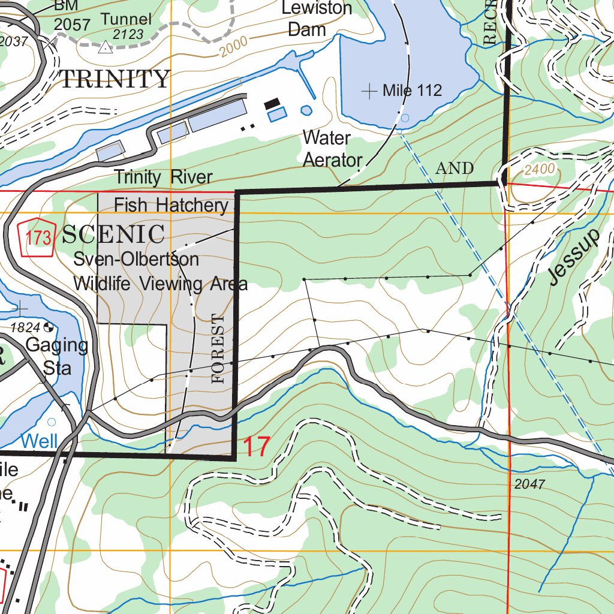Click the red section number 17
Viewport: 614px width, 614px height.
click(257, 447)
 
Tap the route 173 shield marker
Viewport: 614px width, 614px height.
click(38, 238)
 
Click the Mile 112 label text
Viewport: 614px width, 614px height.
click(412, 91)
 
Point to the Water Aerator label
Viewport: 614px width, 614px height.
click(332, 149)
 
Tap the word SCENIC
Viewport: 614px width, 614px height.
click(113, 234)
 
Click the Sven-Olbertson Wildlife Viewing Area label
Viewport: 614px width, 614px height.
click(159, 271)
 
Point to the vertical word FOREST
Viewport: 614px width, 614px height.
click(218, 347)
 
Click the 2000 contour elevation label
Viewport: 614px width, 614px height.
click(233, 48)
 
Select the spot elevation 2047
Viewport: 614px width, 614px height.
click(529, 484)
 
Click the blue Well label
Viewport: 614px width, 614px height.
click(39, 441)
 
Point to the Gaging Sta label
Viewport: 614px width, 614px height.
click(56, 356)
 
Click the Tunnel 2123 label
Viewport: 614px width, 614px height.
click(126, 26)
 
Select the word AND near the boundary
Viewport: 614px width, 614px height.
click(455, 168)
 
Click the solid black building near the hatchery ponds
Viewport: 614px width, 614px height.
click(276, 103)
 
